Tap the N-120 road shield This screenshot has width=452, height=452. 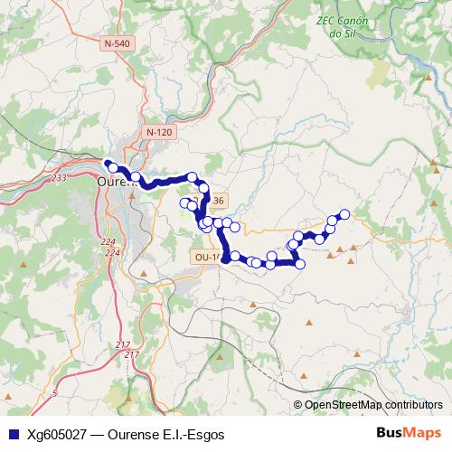tap(158, 133)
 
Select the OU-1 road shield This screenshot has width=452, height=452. tap(206, 258)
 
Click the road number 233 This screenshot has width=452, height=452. tap(60, 179)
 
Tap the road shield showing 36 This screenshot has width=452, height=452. tap(220, 200)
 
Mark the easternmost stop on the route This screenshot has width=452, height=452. tap(344, 214)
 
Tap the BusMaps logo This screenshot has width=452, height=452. tap(409, 433)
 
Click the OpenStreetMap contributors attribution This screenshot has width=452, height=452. tap(373, 405)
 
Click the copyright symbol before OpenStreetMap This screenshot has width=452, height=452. tap(298, 405)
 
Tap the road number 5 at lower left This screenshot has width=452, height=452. tap(54, 393)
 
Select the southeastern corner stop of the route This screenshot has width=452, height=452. tap(300, 263)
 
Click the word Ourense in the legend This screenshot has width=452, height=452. tap(133, 434)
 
